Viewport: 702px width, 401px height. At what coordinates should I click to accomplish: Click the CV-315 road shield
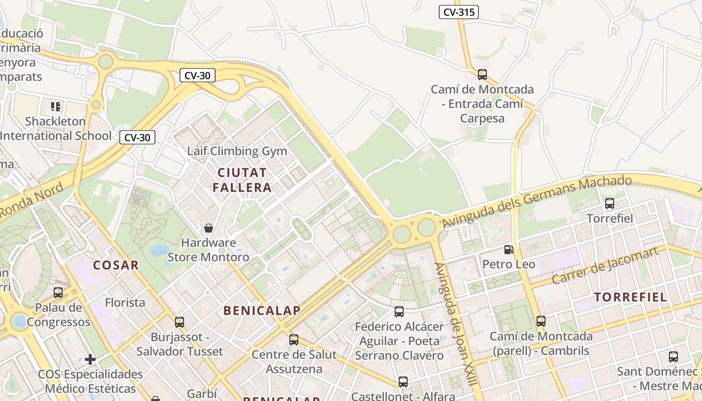point(458,12)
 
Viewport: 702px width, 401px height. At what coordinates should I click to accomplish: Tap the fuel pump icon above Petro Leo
point(508,249)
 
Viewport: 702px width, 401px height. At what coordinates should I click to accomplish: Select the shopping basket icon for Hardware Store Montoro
point(209,228)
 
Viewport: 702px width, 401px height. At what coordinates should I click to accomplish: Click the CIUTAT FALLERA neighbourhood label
point(242,180)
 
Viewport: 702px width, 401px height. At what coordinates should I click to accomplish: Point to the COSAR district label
point(116,265)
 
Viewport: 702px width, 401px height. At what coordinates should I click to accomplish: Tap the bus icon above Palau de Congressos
point(58,292)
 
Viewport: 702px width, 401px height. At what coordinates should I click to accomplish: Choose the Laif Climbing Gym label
point(237,151)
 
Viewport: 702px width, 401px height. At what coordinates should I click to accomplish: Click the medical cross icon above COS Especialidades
point(90,359)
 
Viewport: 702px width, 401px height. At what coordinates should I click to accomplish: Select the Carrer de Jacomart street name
point(605,266)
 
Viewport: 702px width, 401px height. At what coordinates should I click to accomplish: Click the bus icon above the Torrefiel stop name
point(610,204)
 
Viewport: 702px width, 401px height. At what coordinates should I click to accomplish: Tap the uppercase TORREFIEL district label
point(631,297)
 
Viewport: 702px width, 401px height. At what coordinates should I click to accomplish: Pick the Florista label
point(125,303)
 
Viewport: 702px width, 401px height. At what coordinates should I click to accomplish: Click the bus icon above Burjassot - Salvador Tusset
point(180,322)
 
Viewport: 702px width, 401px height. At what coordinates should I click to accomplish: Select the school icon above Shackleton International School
point(56,106)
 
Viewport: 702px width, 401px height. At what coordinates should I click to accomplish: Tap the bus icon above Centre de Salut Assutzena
point(294,339)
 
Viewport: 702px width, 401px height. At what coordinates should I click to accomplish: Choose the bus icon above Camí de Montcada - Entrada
point(482,75)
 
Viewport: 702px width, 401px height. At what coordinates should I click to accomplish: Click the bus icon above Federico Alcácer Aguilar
point(399,312)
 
